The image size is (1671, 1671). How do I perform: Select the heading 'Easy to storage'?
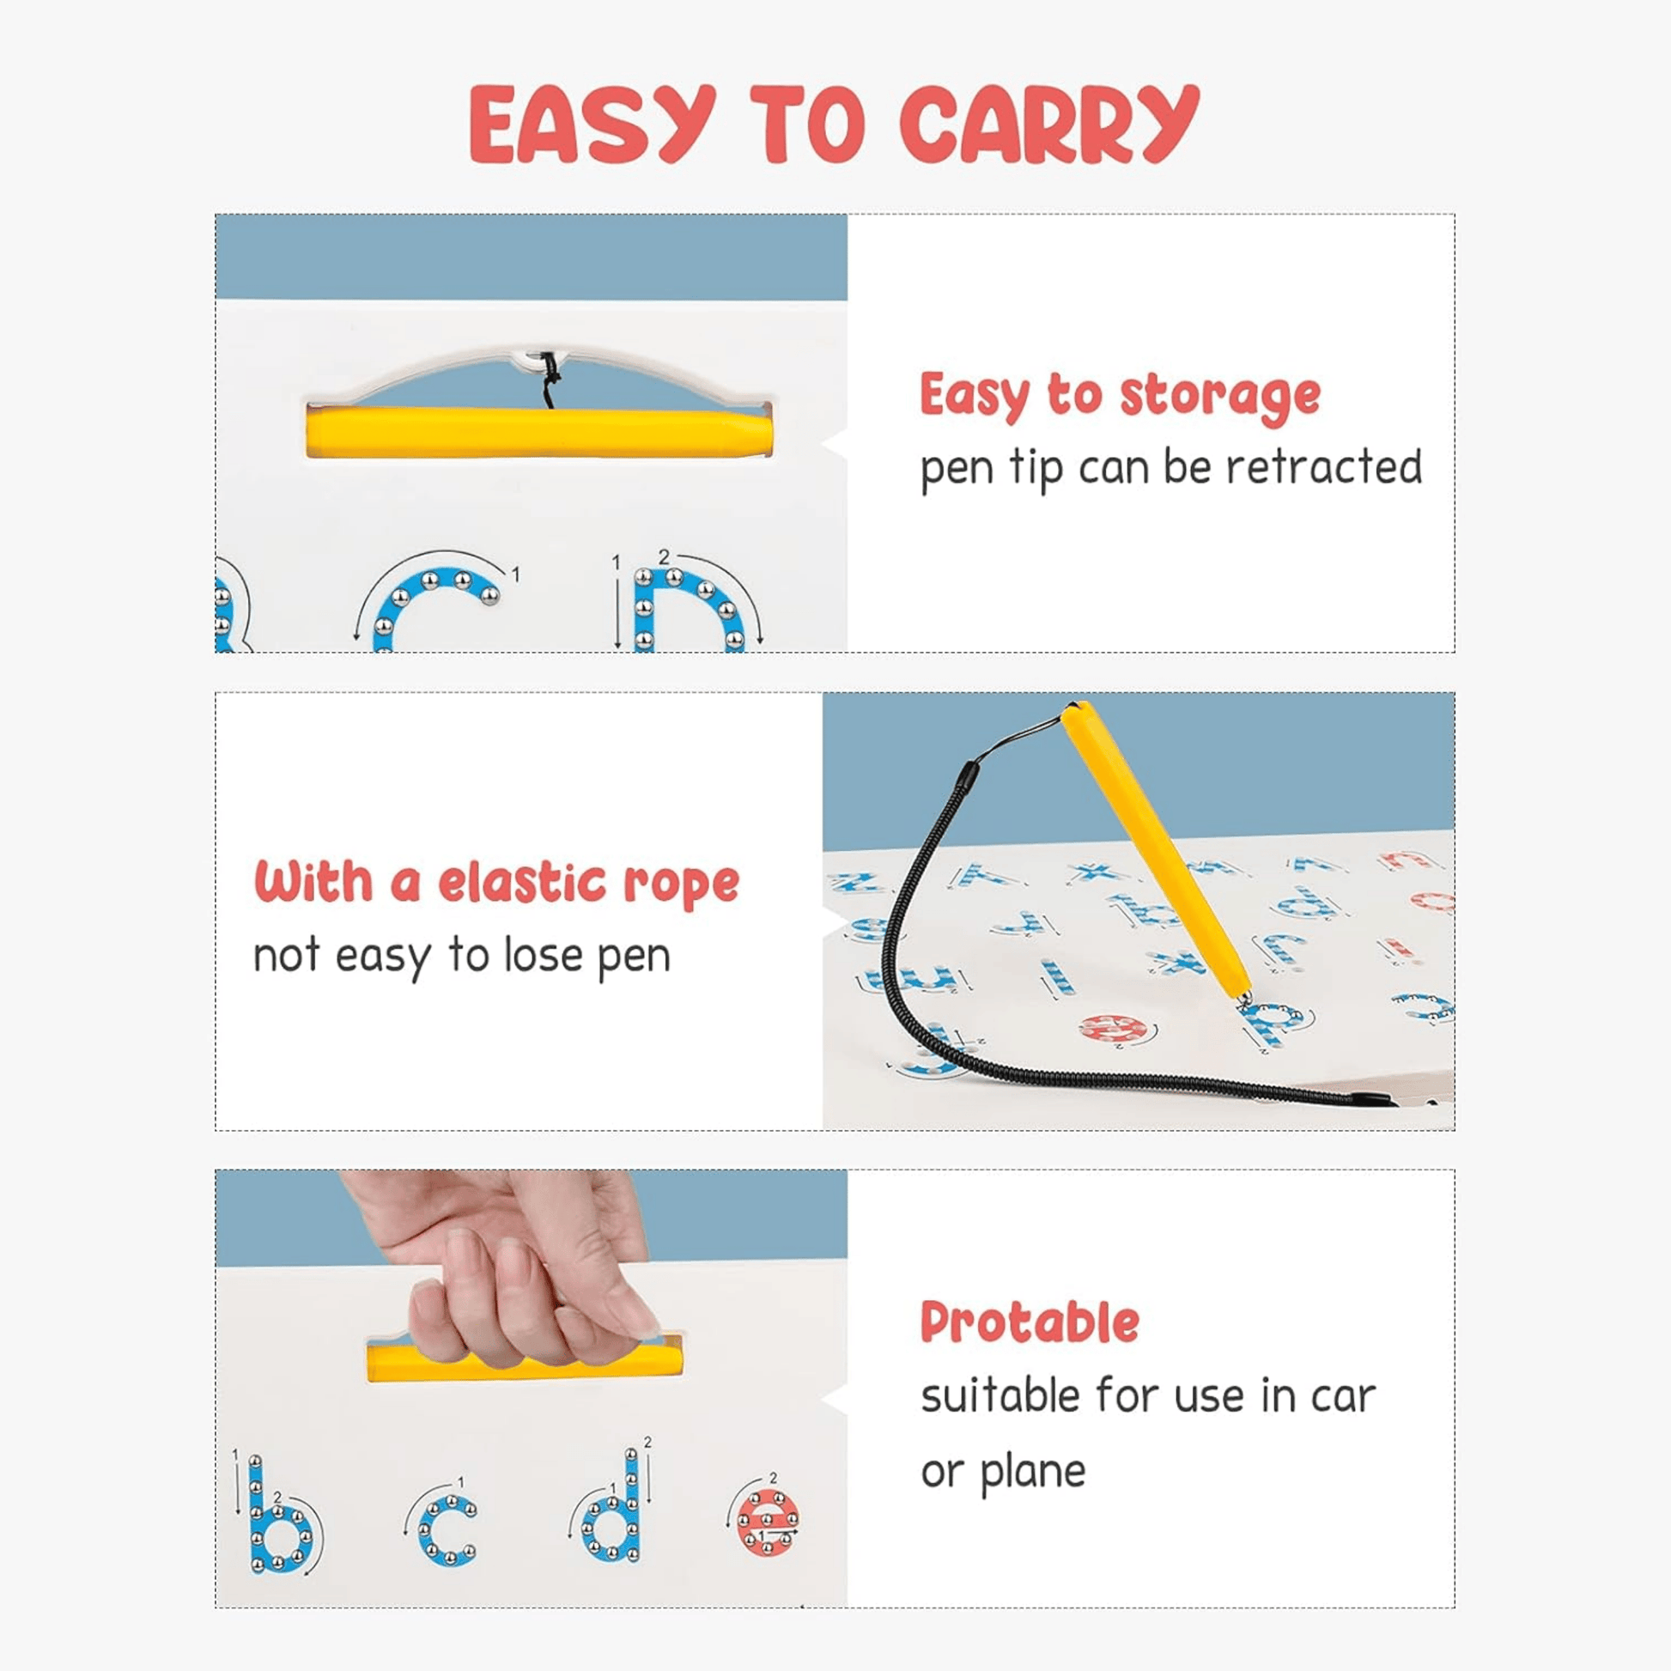(x=1120, y=397)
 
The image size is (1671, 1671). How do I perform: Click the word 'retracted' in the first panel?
(x=1324, y=467)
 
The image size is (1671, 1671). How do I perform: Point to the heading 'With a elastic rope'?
(x=496, y=882)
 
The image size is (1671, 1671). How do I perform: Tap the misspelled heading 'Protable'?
(x=1030, y=1323)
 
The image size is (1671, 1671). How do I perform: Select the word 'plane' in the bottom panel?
(x=1033, y=1471)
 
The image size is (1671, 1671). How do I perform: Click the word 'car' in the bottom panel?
(x=1342, y=1397)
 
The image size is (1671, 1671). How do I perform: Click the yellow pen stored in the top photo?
(x=539, y=432)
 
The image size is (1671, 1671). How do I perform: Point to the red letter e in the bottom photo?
(x=767, y=1522)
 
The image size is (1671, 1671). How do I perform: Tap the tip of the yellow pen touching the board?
(x=1243, y=1001)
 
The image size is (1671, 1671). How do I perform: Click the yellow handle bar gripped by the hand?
(x=525, y=1361)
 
